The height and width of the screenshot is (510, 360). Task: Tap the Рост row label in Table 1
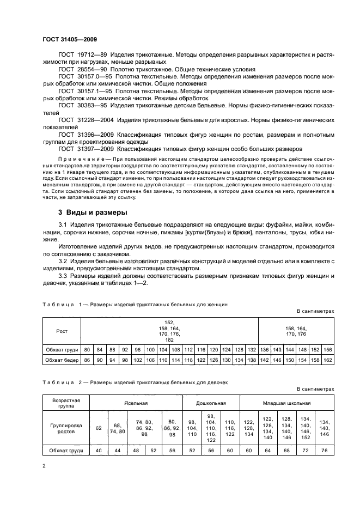(62, 330)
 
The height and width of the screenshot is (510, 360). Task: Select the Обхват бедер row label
(62, 360)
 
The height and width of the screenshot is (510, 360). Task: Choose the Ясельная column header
(135, 403)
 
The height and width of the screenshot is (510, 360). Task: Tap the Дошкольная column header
(210, 403)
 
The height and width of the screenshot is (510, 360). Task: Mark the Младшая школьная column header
(287, 403)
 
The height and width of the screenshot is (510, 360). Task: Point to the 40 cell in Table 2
(99, 451)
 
